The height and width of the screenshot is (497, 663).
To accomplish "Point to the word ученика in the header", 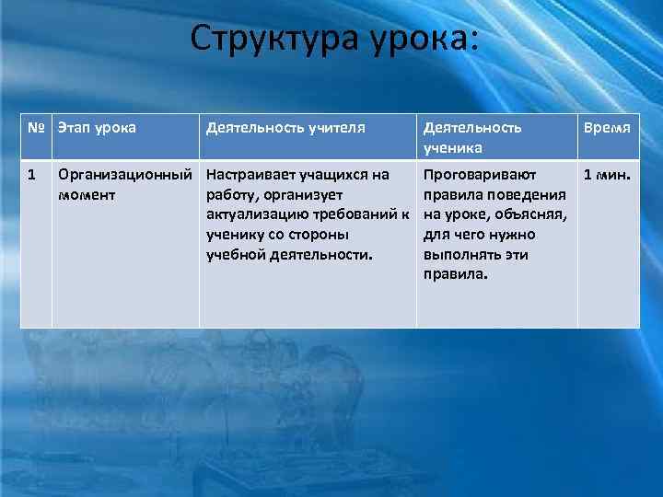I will [x=452, y=147].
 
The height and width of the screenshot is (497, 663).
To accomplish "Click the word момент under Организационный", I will [x=86, y=195].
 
